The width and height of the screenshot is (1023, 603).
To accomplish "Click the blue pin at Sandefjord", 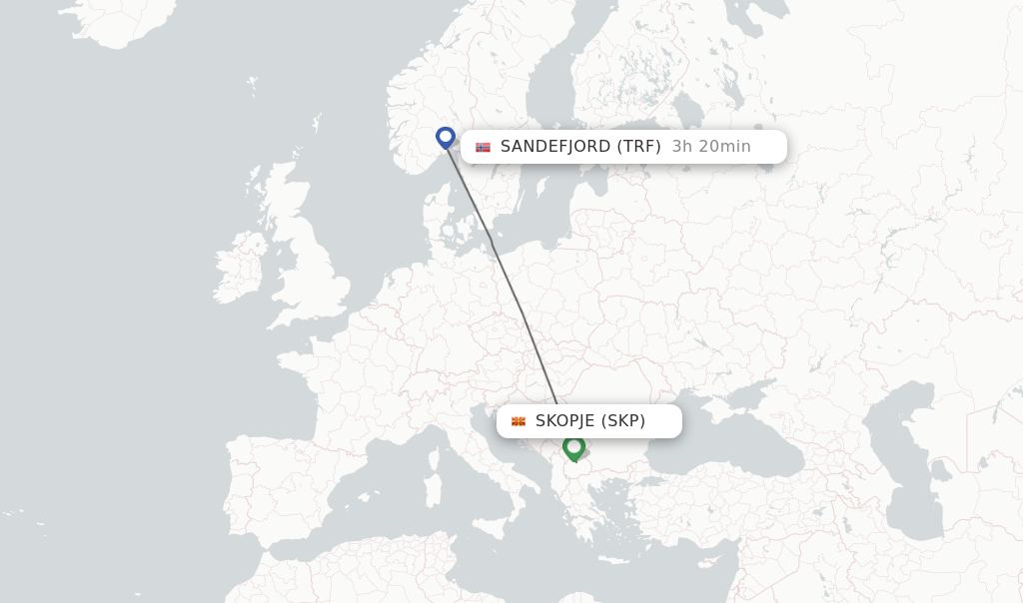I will coord(446,137).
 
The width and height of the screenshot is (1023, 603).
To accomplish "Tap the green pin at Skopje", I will coord(573,447).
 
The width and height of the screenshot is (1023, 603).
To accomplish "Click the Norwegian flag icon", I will coord(484,147).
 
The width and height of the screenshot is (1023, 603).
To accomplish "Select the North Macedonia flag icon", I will coord(518,421).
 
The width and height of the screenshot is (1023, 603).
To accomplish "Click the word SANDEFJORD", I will coord(555,147).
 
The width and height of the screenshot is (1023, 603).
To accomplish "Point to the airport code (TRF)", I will coord(638,147).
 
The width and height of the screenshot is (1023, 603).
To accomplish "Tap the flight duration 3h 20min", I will coord(711,147).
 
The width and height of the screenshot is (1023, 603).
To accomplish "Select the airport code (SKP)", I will coord(622,421).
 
